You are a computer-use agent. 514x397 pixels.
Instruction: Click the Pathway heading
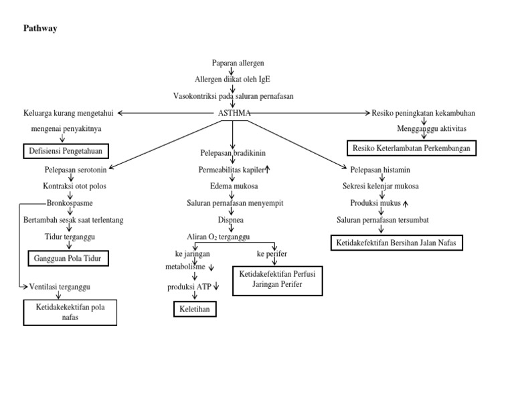pos(41,28)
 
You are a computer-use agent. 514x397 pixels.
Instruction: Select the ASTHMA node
pos(234,113)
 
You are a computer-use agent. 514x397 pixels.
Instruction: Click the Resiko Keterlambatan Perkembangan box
pos(411,148)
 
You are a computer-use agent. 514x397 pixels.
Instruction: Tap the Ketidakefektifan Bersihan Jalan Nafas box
pos(397,243)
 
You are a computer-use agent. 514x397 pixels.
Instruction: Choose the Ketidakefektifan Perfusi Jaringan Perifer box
pos(276,279)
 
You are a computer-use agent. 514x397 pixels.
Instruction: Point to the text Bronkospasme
pos(70,203)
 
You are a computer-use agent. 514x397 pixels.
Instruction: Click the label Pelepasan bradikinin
pos(232,153)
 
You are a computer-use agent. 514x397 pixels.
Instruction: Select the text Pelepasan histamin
pos(380,170)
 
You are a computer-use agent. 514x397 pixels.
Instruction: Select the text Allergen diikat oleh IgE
pos(232,80)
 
